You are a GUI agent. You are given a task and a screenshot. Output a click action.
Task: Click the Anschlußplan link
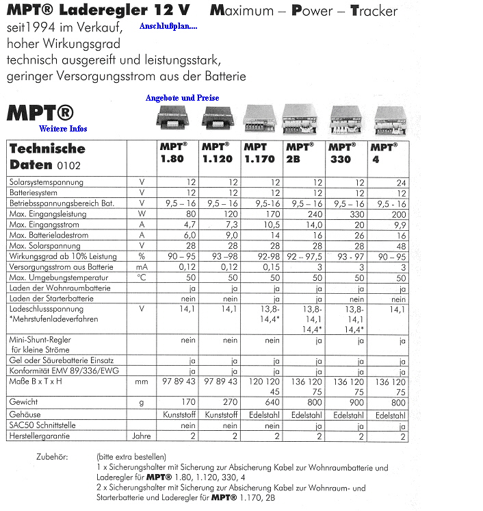pyautogui.click(x=168, y=27)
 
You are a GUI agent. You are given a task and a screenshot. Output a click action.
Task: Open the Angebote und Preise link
pyautogui.click(x=182, y=98)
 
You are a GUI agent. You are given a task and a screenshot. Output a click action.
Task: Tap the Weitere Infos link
pyautogui.click(x=63, y=128)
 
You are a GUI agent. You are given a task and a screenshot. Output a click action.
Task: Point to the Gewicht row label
pyautogui.click(x=25, y=402)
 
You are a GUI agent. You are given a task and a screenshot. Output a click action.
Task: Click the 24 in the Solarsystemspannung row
pyautogui.click(x=400, y=182)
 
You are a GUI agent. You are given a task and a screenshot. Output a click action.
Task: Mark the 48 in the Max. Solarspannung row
pyautogui.click(x=400, y=246)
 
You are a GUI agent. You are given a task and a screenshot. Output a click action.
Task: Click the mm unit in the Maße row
pyautogui.click(x=141, y=382)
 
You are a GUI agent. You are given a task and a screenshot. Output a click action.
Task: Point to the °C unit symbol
pyautogui.click(x=141, y=278)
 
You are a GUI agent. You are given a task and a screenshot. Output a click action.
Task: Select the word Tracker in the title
pyautogui.click(x=374, y=11)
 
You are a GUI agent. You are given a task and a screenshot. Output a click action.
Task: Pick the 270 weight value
pyautogui.click(x=230, y=403)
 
